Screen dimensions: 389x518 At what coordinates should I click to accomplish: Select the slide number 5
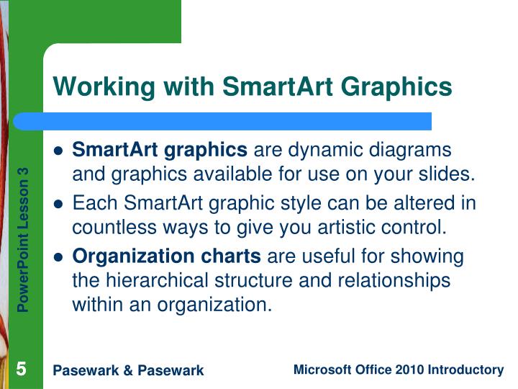pos(22,370)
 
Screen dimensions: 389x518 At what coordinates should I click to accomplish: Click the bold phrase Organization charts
pos(167,256)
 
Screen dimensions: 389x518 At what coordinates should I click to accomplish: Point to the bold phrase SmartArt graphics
pos(160,150)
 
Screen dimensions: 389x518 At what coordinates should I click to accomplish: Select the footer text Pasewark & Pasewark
pos(129,370)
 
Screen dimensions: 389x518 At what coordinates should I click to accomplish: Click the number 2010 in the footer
pos(410,370)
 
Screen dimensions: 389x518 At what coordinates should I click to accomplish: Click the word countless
pos(105,228)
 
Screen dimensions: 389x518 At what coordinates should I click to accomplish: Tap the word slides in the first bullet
pos(450,174)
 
